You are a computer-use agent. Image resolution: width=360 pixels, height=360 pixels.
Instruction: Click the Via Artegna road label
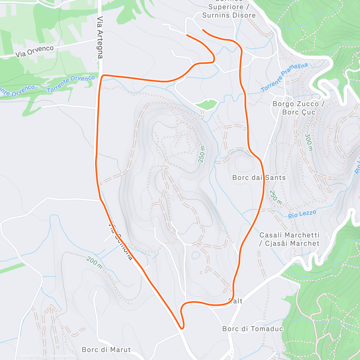[x=100, y=37]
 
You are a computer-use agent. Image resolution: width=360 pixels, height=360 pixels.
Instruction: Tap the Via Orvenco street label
[x=34, y=51]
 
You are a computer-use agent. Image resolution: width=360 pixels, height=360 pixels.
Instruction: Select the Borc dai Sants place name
[x=259, y=178]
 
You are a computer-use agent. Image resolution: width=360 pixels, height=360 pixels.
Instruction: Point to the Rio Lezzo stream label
[x=302, y=214]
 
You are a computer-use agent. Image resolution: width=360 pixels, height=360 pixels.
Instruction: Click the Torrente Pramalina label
[x=284, y=77]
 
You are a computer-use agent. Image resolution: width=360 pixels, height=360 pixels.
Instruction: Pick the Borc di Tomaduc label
[x=253, y=329]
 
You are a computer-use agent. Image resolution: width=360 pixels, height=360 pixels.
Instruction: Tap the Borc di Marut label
[x=106, y=350]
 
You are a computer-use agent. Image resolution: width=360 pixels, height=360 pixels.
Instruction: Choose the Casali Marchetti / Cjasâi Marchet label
[x=289, y=239]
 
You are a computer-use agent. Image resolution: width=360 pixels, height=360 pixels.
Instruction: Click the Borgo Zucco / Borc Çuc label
[x=298, y=108]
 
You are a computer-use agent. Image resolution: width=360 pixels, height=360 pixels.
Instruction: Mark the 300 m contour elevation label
[x=309, y=142]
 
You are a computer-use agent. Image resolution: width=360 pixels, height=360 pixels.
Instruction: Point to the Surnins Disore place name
[x=229, y=15]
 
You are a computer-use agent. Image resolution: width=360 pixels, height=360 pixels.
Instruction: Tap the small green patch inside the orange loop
[x=207, y=104]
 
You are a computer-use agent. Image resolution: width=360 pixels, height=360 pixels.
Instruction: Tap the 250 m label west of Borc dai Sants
[x=202, y=154]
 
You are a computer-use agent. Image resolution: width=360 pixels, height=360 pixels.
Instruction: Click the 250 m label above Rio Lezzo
[x=275, y=197]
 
